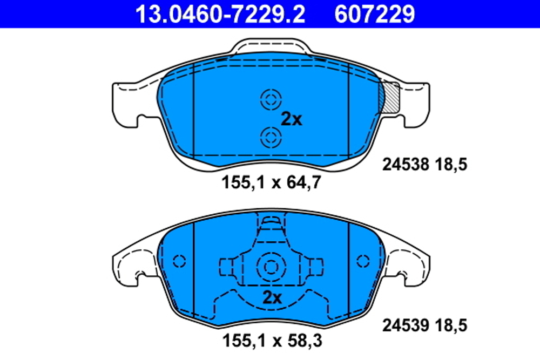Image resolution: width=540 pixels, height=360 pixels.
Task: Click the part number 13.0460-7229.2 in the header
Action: (220, 14)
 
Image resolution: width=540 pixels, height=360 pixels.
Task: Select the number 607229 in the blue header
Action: (375, 14)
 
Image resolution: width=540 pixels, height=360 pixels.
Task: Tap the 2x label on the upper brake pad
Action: (292, 119)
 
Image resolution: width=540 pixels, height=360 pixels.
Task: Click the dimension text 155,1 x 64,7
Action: (272, 183)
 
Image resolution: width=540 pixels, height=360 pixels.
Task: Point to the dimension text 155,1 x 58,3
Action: (272, 341)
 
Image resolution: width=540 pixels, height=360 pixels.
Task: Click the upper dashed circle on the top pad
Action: (271, 99)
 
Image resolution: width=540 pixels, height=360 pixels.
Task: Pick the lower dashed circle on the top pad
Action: (271, 137)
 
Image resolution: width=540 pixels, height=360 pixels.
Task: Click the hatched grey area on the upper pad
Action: (390, 97)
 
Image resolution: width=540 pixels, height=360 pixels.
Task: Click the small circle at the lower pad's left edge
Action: (179, 261)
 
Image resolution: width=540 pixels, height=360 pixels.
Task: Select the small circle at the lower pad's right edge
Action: (363, 261)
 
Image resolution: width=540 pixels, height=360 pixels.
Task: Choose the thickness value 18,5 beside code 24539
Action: (449, 325)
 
